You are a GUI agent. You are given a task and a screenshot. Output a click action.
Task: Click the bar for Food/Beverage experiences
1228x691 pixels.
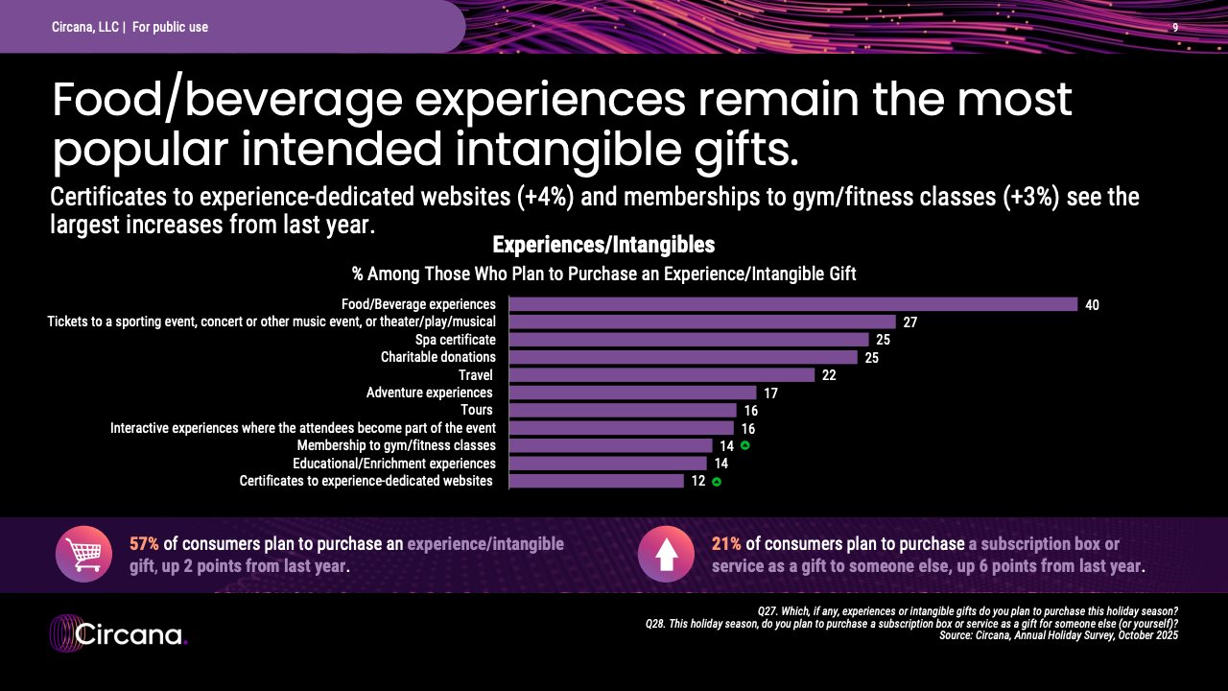point(792,304)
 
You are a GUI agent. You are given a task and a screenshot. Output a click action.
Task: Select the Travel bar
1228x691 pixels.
point(661,374)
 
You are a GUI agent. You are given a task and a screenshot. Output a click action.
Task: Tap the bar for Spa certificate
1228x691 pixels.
point(688,340)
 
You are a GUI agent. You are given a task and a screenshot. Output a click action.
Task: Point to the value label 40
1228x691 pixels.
point(1092,305)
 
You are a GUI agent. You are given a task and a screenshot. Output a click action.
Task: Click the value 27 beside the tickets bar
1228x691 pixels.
point(910,322)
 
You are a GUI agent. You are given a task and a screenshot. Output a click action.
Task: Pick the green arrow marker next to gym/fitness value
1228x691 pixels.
point(744,445)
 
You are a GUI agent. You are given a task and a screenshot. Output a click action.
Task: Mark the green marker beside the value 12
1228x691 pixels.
point(717,482)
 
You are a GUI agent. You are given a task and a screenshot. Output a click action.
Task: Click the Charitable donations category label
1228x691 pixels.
point(437,357)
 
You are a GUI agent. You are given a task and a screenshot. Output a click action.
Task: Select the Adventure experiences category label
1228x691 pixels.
point(430,393)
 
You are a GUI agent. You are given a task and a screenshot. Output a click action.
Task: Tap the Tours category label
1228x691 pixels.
point(477,410)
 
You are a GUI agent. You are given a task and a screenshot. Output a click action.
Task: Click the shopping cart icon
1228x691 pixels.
point(83,554)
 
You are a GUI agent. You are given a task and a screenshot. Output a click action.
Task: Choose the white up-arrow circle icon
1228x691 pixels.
point(666,554)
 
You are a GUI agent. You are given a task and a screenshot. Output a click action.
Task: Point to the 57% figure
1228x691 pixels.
point(144,544)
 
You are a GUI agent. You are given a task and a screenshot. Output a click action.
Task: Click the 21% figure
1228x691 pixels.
point(726,544)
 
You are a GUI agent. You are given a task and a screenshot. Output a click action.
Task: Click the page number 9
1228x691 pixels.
point(1175,28)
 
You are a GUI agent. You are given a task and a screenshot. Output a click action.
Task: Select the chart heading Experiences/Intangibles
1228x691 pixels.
point(603,246)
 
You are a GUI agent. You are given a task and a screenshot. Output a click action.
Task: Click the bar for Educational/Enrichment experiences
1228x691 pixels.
point(607,464)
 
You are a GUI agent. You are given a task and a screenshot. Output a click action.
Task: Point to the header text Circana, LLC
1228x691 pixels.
point(85,28)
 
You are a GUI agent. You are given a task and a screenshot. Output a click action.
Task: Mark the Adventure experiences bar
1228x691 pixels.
point(632,393)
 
